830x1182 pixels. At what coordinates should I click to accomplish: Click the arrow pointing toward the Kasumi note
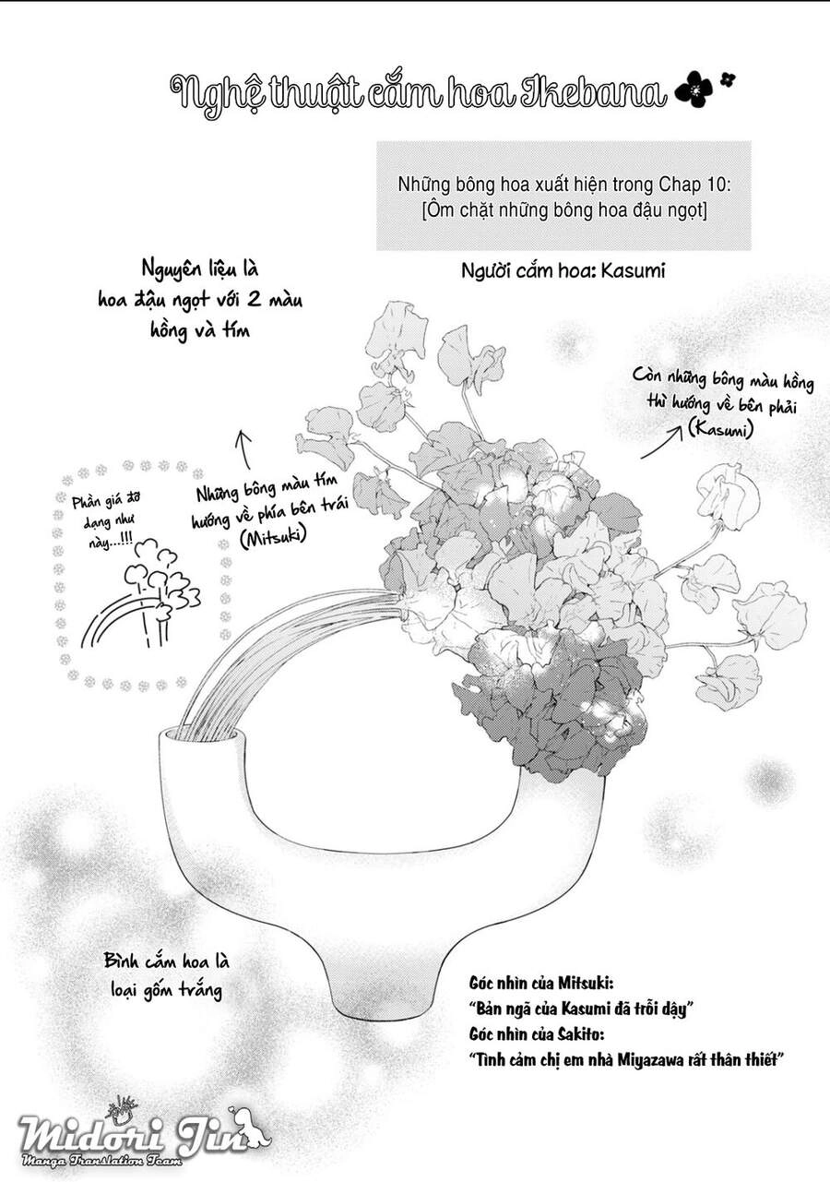coord(660,444)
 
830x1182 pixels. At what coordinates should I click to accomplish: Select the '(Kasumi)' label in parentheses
coord(720,428)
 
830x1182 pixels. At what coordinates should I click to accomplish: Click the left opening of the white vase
coord(204,737)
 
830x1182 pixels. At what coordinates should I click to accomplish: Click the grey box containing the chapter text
coord(563,195)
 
